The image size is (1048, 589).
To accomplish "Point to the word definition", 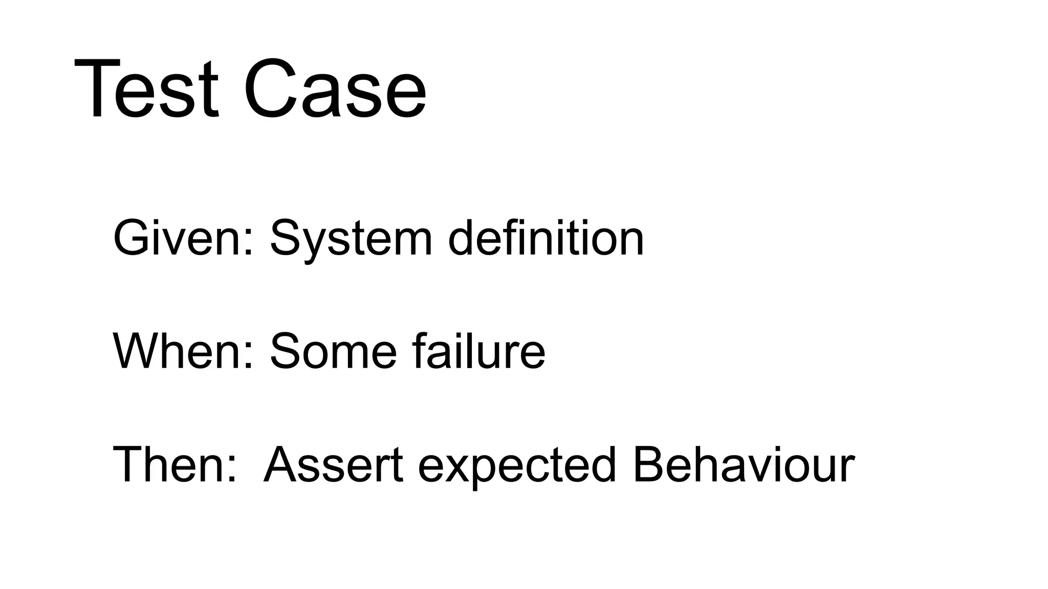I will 545,237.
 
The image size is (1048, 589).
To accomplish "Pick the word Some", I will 333,351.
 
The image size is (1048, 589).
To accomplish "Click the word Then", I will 169,465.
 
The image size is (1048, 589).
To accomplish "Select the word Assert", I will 333,465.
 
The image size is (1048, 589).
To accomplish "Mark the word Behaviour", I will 744,464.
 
